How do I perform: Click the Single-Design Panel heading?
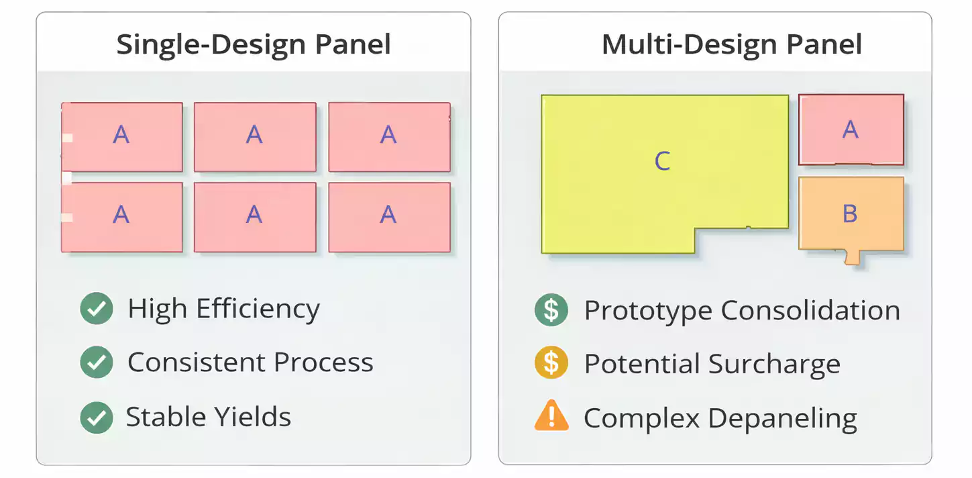click(x=254, y=44)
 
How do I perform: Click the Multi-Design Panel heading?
click(x=732, y=44)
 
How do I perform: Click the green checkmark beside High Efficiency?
click(x=97, y=309)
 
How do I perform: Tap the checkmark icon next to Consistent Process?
click(x=97, y=363)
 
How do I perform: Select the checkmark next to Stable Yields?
click(x=97, y=417)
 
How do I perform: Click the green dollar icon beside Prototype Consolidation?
click(x=551, y=309)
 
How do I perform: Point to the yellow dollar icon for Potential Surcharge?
click(x=551, y=363)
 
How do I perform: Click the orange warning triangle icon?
click(x=551, y=417)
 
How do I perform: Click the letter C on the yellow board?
click(x=662, y=161)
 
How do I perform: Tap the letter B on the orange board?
click(x=850, y=213)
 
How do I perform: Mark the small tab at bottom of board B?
click(x=852, y=256)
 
